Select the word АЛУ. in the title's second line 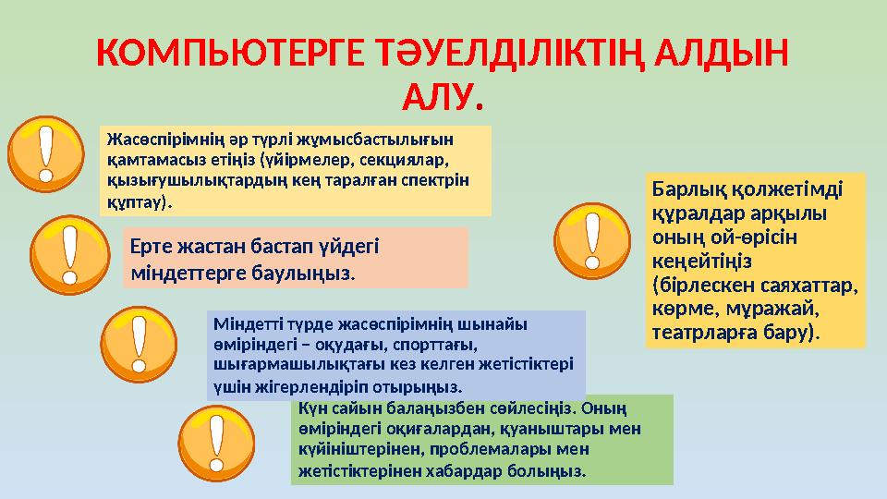[x=443, y=96]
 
